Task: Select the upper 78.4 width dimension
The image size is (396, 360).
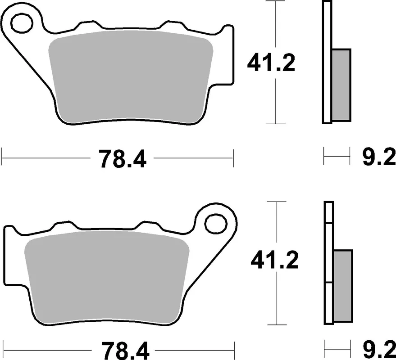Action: (123, 158)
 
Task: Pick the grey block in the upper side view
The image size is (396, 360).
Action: (341, 85)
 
